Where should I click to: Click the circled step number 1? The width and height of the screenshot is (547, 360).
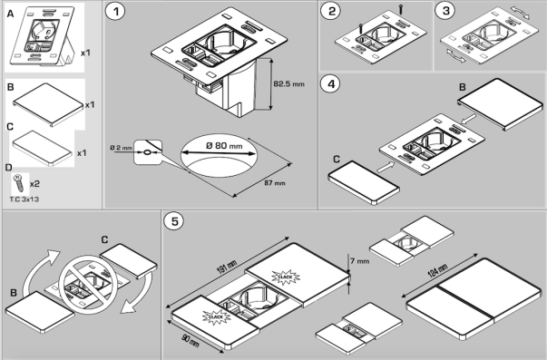pos(116,11)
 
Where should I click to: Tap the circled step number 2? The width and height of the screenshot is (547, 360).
pos(332,11)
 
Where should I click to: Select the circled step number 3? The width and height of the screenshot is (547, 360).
pos(446,11)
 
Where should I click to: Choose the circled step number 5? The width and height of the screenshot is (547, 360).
pos(175,221)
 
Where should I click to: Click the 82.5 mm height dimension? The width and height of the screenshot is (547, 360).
pos(288,84)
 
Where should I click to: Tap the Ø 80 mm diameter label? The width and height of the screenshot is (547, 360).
pos(224,145)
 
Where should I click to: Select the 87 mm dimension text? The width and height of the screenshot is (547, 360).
pos(275,183)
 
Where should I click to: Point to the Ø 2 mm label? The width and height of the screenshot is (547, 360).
pos(121,148)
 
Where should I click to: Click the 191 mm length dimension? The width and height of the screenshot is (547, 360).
pos(227,267)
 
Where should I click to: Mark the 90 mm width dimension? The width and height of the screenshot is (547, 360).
pos(190,340)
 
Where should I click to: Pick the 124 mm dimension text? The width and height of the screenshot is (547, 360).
pos(437,270)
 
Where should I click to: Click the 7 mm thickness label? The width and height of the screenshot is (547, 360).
pos(359,261)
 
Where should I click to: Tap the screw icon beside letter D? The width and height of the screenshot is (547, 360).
pos(19,183)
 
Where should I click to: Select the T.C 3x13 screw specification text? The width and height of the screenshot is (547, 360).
pos(24,199)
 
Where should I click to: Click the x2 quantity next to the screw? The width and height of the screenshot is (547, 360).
pos(34,184)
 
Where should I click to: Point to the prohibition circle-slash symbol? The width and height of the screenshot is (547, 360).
pos(88,285)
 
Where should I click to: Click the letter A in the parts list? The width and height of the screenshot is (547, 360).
pos(10,14)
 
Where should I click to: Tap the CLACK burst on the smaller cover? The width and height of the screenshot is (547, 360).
pos(216,316)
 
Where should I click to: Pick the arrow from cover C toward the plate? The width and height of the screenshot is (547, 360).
pos(386,167)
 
